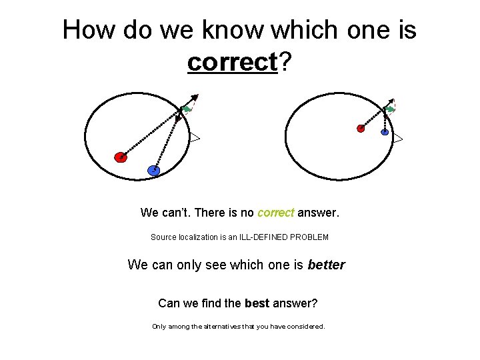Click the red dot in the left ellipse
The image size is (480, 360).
(x=120, y=157)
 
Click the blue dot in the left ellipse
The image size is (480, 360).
(x=154, y=171)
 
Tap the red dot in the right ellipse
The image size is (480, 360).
(x=361, y=128)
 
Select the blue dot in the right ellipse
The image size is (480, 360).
(x=385, y=132)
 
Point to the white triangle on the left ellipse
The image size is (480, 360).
(x=194, y=138)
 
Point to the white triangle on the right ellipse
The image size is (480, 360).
(x=397, y=138)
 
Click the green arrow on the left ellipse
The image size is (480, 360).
(x=187, y=109)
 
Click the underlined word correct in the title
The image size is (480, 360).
(x=232, y=62)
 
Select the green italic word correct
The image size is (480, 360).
(x=275, y=213)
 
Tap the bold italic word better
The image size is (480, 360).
(x=327, y=265)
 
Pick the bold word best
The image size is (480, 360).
(x=257, y=303)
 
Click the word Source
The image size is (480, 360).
(x=163, y=237)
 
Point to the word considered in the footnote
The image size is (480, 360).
(x=303, y=327)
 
